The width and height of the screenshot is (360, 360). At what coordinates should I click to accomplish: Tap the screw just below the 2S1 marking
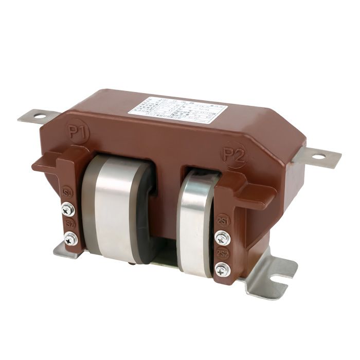222,237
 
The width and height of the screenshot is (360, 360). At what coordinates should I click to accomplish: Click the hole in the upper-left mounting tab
39,116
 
